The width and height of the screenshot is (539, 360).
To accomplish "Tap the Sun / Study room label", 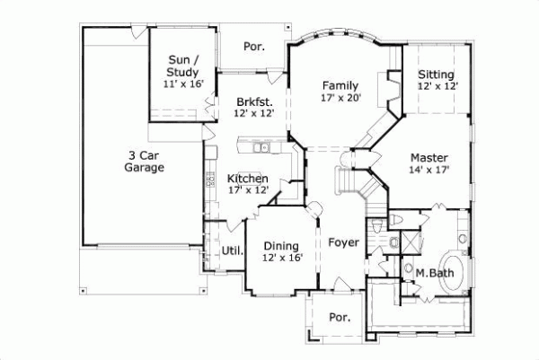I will pos(183,66).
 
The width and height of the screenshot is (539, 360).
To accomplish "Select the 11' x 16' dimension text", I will pos(183,83).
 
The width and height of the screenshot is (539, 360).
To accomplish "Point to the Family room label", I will pos(340,85).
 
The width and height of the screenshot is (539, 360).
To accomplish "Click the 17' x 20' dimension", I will pos(340,98).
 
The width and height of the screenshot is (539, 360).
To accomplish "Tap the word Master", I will pos(429,157).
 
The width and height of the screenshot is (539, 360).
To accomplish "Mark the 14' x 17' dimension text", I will pos(429,169).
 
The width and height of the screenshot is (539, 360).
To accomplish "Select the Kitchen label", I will pos(247,178).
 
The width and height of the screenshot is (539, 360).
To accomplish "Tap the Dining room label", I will pos(282,245).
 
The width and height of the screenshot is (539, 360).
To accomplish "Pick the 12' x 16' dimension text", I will pos(282,258).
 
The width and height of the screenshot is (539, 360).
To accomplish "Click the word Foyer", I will pos(343,242).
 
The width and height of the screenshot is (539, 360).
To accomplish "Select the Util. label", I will pos(233,250).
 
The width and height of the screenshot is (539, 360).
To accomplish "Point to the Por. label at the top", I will pos(254,45).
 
